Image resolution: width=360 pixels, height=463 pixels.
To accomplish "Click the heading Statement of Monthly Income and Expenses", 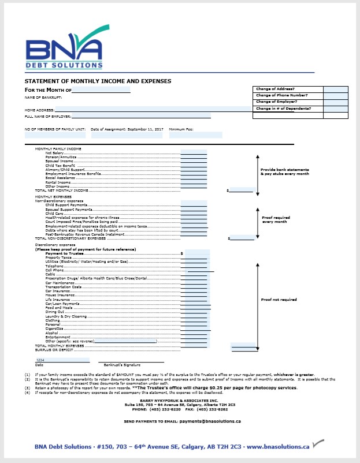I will [98, 81].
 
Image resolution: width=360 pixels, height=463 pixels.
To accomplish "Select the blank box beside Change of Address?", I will [336, 89].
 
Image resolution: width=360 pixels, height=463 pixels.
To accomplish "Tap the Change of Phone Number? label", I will [281, 95].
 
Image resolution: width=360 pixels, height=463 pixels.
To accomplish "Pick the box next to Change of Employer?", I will [336, 102].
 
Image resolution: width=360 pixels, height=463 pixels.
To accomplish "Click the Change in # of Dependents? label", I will [283, 109].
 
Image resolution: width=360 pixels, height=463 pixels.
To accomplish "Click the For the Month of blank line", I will [101, 90].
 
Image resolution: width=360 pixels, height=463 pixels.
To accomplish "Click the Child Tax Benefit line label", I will [60, 165].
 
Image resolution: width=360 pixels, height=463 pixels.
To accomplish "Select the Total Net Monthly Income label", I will [62, 190].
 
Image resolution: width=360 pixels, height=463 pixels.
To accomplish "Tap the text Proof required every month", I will [276, 219].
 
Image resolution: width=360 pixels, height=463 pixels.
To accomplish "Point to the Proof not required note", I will [279, 300].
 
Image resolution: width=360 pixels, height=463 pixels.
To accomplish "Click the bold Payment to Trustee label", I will [65, 253].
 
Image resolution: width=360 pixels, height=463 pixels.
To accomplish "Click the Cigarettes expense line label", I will [54, 328].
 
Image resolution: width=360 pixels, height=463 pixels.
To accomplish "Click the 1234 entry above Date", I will [40, 360].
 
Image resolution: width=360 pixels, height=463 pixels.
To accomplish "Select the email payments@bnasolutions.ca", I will [210, 421].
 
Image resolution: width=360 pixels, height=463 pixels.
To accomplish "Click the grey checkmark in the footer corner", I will [318, 444].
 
